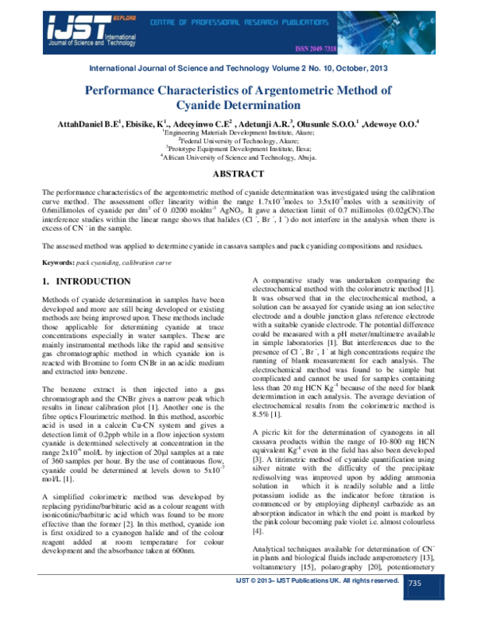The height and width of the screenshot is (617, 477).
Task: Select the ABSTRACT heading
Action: (x=238, y=173)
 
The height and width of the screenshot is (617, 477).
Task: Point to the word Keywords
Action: (x=60, y=240)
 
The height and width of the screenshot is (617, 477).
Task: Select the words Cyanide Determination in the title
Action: (x=238, y=106)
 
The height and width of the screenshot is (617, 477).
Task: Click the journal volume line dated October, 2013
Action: (x=238, y=69)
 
